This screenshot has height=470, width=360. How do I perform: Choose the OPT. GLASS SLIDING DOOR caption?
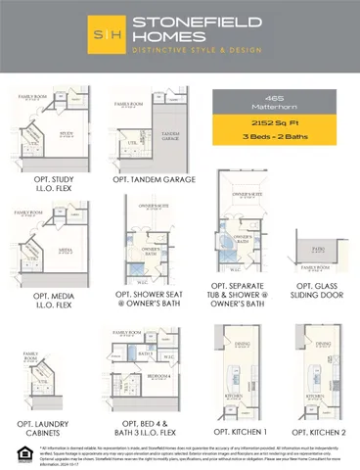point(316,291)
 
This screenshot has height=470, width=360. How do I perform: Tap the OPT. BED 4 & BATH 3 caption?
point(143,427)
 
